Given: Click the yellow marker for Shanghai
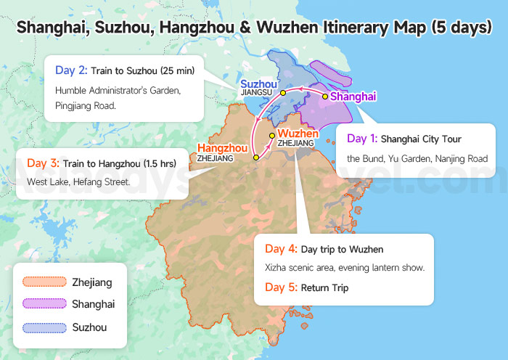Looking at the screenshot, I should pyautogui.click(x=324, y=96).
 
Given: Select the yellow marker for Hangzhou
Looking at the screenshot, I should pyautogui.click(x=256, y=157).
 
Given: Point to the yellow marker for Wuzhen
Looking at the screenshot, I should pyautogui.click(x=272, y=135).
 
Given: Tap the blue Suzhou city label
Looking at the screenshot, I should pyautogui.click(x=258, y=83).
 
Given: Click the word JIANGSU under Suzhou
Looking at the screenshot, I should pyautogui.click(x=256, y=94).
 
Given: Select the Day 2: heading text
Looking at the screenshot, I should pyautogui.click(x=71, y=70).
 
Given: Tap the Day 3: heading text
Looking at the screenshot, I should pyautogui.click(x=44, y=163).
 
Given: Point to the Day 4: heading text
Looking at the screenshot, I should pyautogui.click(x=282, y=249).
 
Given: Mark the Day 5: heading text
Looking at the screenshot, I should pyautogui.click(x=282, y=287).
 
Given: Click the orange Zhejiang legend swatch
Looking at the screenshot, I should pyautogui.click(x=44, y=282).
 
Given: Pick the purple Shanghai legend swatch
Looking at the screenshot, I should pyautogui.click(x=44, y=304).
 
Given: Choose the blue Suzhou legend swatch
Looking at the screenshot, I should pyautogui.click(x=44, y=327).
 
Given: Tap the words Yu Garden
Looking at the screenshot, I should pyautogui.click(x=416, y=158).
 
